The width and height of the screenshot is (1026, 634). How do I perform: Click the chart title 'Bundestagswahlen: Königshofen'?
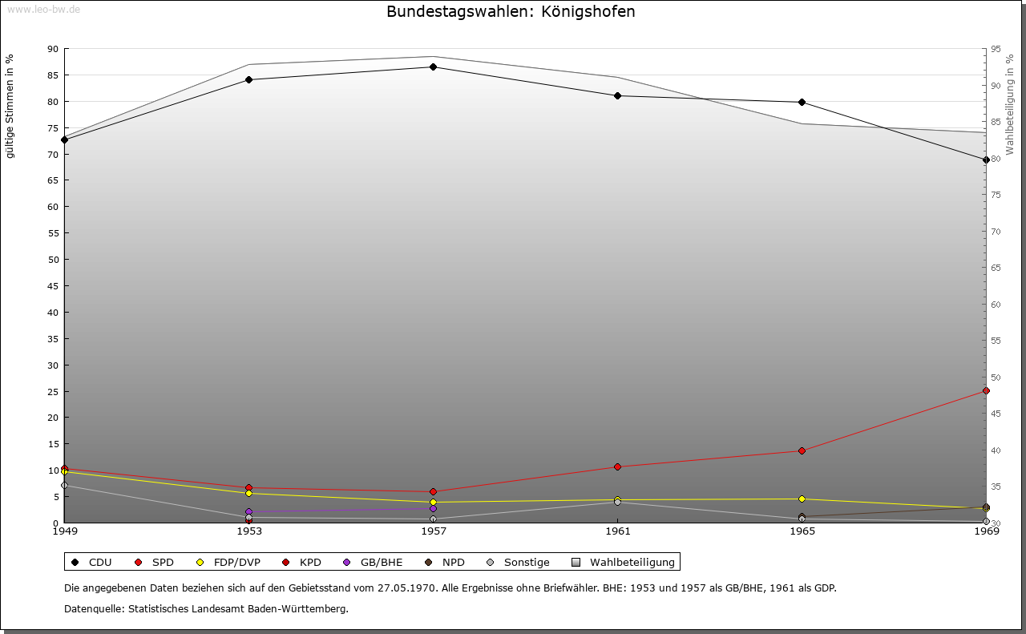511,12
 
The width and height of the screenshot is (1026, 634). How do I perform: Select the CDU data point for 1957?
433,67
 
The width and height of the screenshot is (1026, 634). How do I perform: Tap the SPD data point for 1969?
986,391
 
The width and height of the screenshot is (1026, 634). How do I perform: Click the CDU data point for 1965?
802,102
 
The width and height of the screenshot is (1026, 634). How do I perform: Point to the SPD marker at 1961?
617,466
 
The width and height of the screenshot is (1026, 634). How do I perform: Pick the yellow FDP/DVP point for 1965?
802,499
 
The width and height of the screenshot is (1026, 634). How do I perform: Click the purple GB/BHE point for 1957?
433,508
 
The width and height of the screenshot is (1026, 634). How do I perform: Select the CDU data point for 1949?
64,139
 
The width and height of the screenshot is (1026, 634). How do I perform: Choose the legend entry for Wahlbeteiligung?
625,562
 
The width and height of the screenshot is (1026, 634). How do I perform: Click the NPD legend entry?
446,562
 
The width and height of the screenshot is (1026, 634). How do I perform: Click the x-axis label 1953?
248,531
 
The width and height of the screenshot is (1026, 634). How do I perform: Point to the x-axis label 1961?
617,531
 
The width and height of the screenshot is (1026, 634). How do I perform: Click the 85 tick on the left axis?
53,75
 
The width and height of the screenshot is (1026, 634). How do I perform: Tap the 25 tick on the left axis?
53,392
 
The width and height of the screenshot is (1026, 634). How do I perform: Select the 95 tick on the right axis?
996,49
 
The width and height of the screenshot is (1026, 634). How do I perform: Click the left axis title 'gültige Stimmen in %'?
10,107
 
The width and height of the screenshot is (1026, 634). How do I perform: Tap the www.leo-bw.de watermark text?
43,10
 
